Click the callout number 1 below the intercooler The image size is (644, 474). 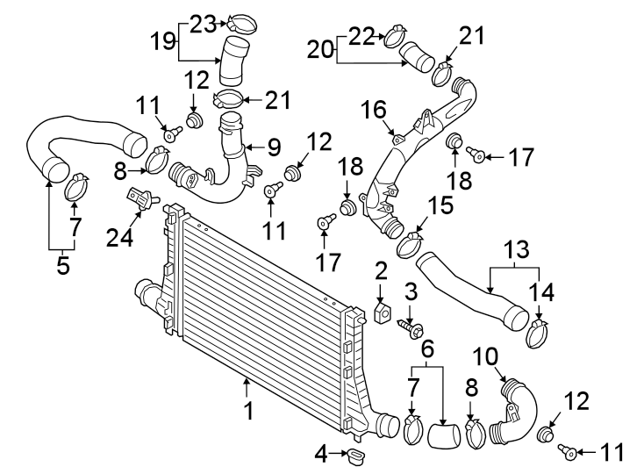click(248, 411)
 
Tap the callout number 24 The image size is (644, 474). click(119, 237)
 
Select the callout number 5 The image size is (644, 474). click(63, 265)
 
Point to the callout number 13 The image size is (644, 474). click(517, 250)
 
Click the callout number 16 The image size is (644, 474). click(374, 111)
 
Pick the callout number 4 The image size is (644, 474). click(322, 454)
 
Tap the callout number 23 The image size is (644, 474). click(203, 25)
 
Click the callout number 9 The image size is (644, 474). click(274, 147)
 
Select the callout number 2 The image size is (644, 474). click(381, 271)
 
